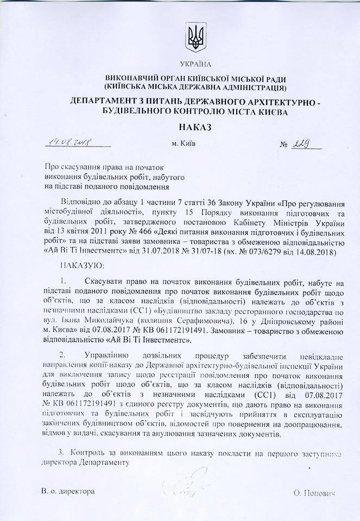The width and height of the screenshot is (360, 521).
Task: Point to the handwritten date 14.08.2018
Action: pyautogui.click(x=67, y=142)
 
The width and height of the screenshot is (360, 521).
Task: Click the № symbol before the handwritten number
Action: pyautogui.click(x=283, y=145)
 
